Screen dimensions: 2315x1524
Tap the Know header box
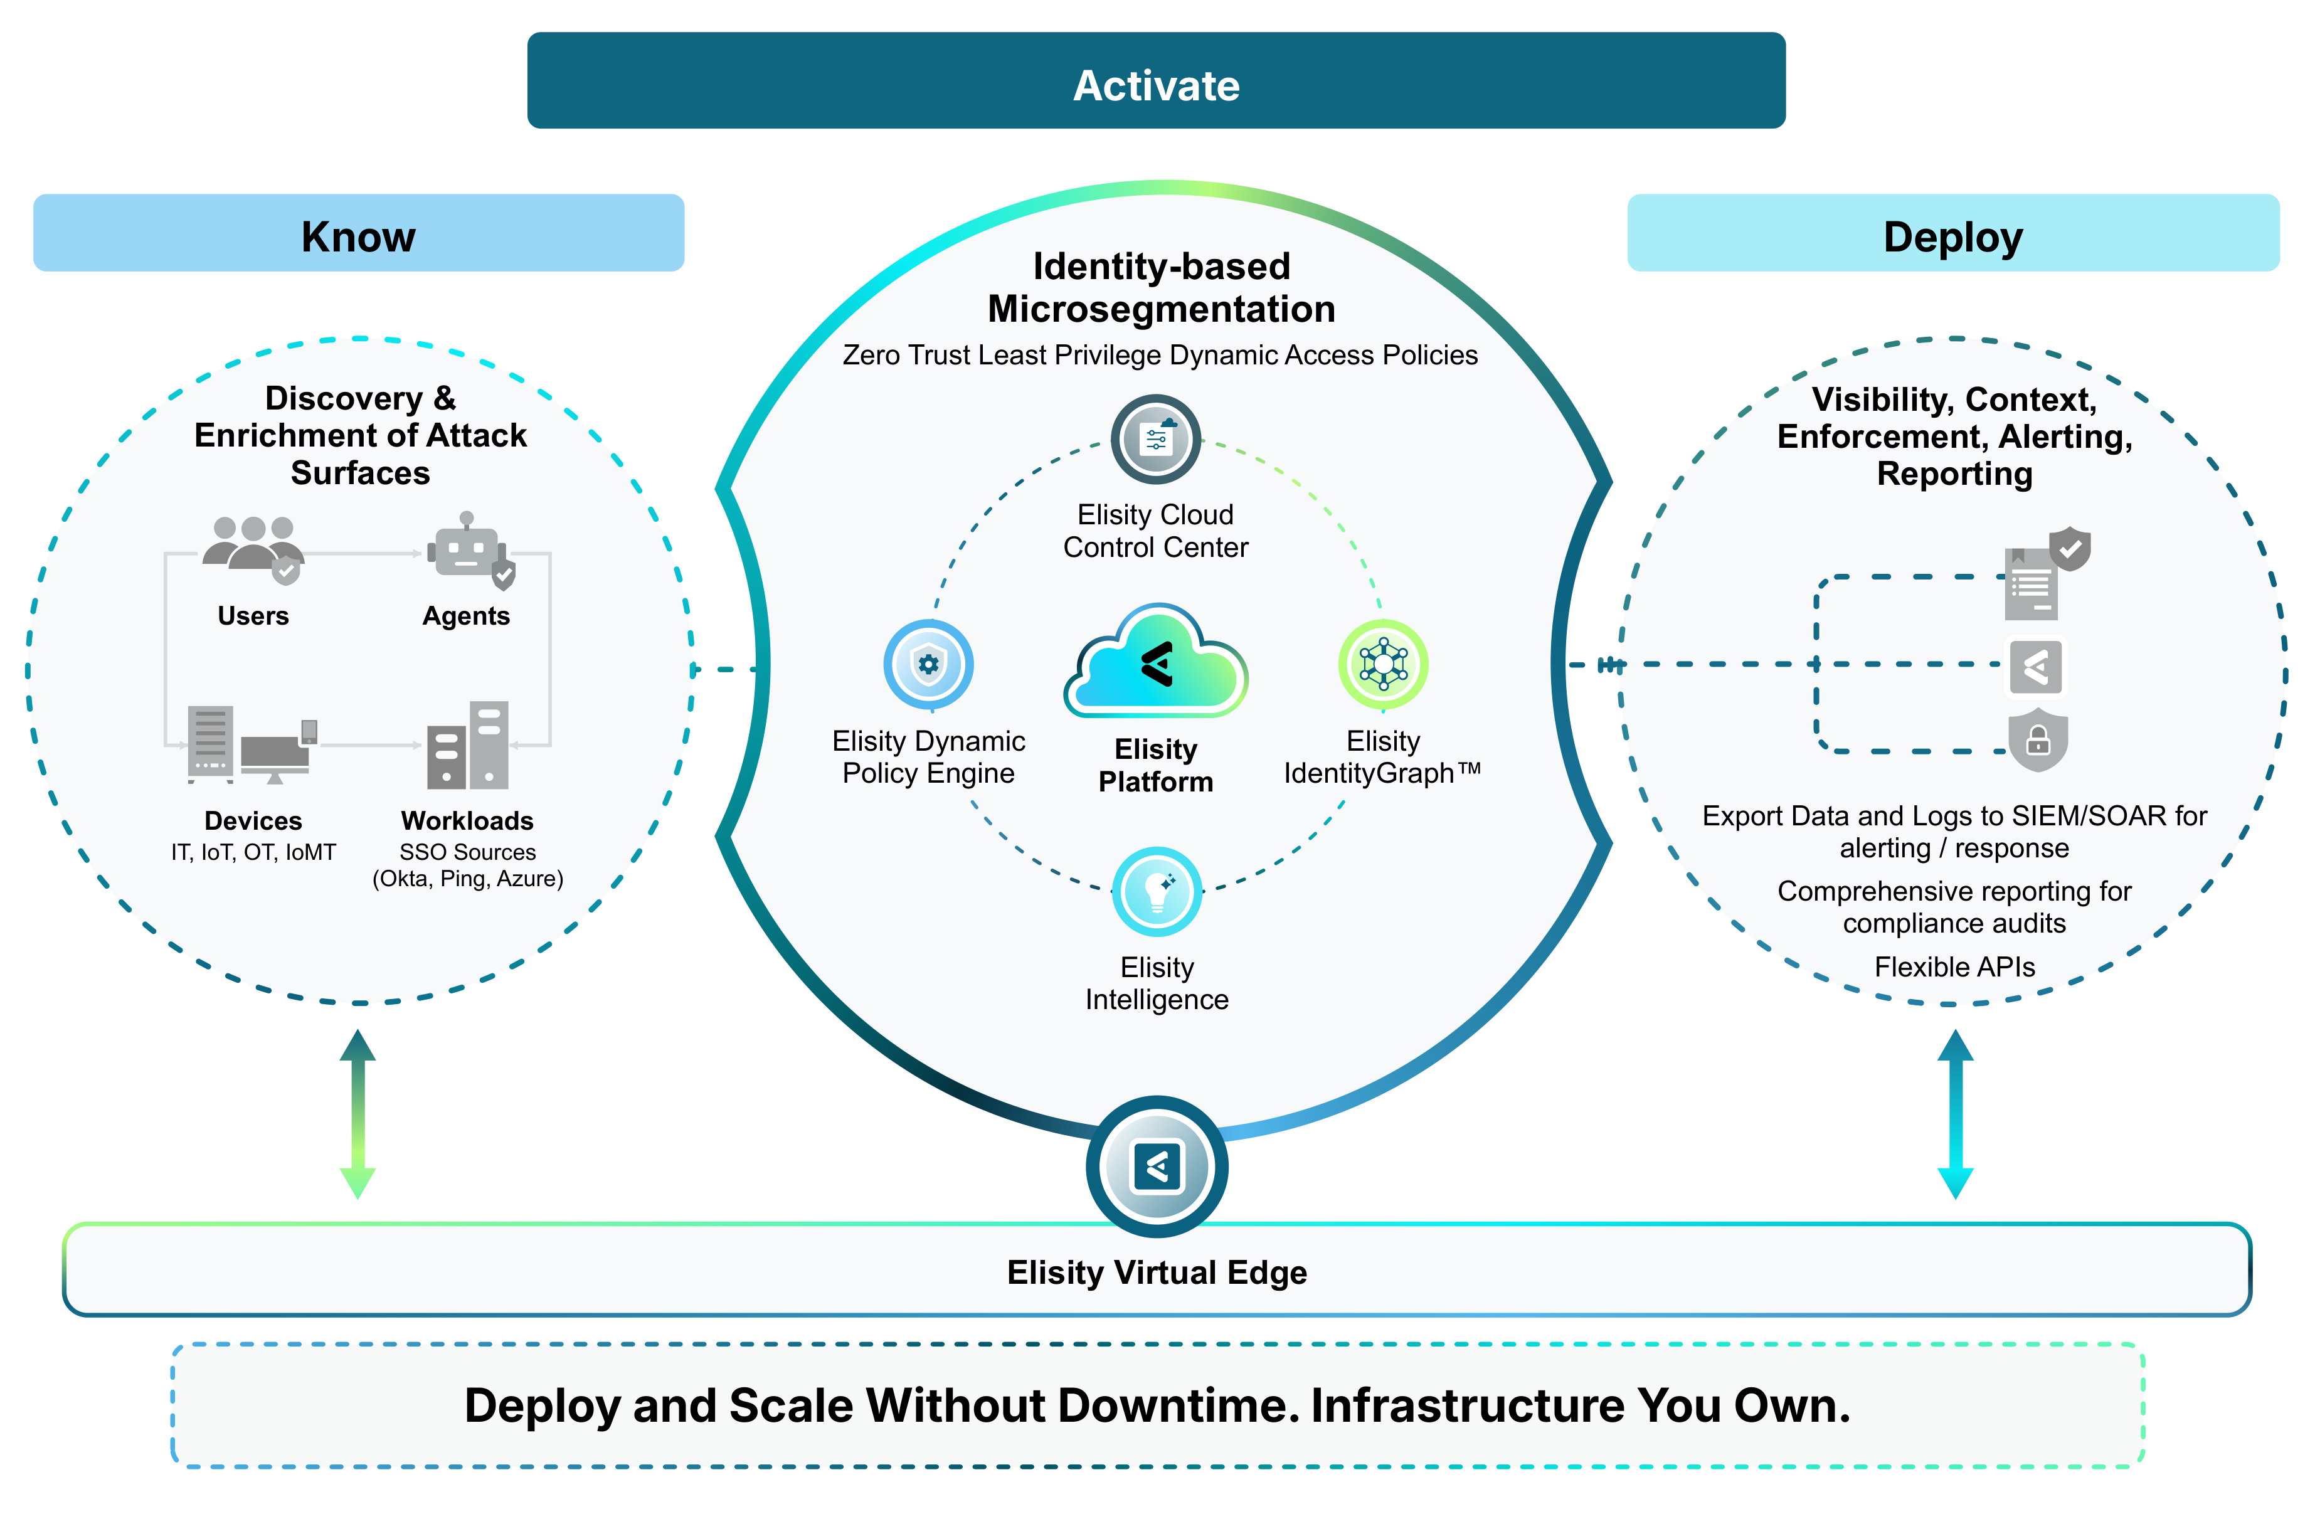[x=359, y=233]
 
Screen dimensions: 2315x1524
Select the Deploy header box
[x=1953, y=233]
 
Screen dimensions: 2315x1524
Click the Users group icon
[x=253, y=551]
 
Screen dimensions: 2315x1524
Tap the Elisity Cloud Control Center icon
[x=1155, y=440]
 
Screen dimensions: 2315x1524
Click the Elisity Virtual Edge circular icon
[x=1157, y=1166]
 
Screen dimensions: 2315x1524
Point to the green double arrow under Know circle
[x=358, y=1114]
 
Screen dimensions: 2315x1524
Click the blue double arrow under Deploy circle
[x=1955, y=1114]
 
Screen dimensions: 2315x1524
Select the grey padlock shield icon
[x=2038, y=740]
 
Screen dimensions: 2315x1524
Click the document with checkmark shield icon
[x=2047, y=574]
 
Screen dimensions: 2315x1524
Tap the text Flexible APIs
[x=1954, y=966]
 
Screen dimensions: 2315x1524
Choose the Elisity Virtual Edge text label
[x=1157, y=1272]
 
